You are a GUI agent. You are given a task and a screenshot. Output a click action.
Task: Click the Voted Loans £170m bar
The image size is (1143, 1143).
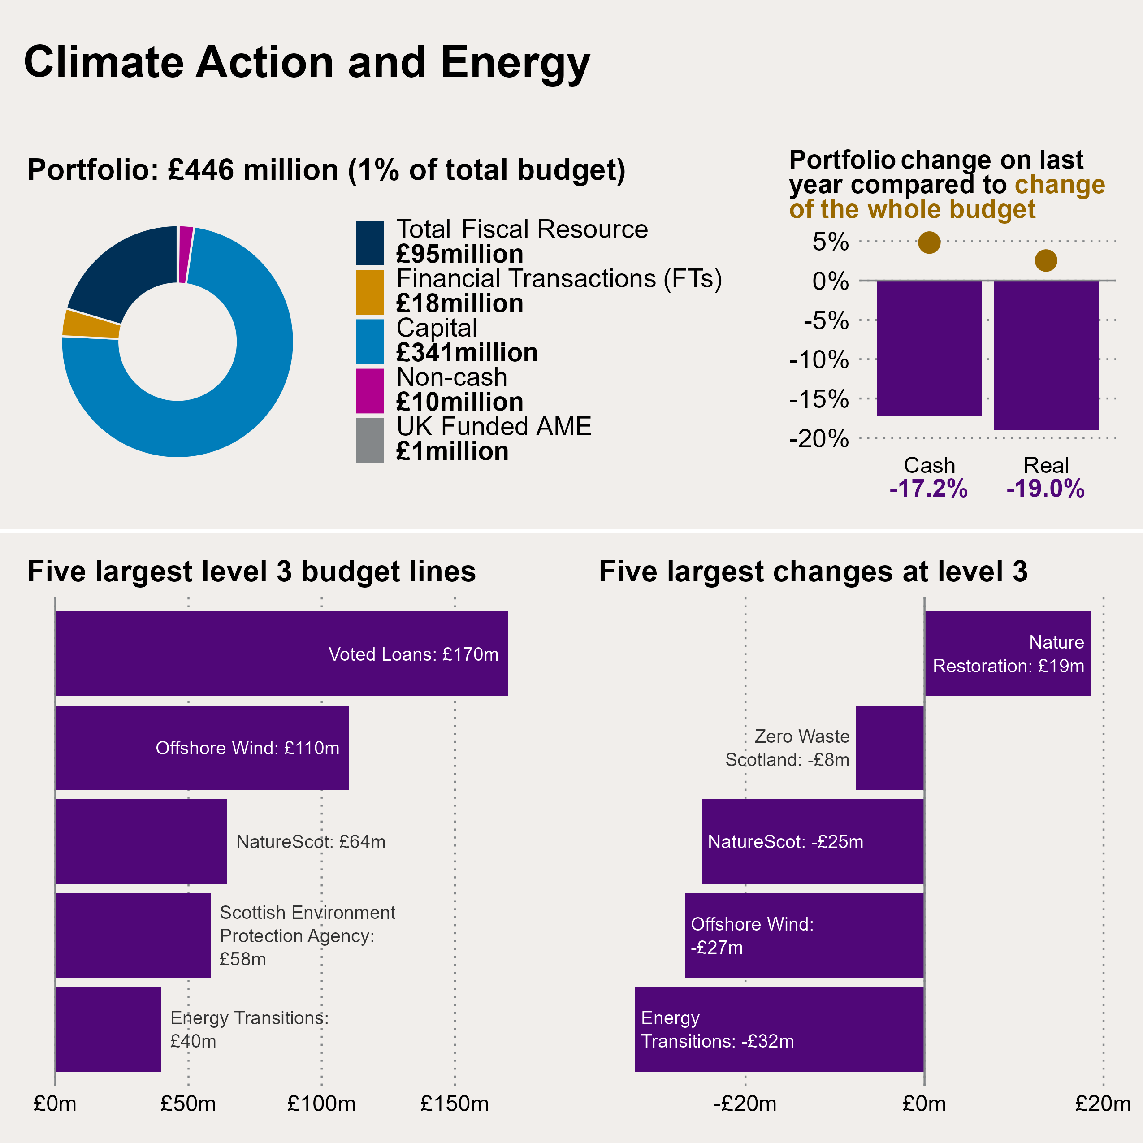click(281, 653)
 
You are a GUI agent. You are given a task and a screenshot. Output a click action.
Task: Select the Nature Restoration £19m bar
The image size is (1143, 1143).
click(1007, 653)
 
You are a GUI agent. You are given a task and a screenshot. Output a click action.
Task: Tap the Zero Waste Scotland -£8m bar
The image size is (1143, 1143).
click(890, 747)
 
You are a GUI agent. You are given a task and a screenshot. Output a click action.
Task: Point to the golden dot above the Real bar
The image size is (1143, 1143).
click(1045, 260)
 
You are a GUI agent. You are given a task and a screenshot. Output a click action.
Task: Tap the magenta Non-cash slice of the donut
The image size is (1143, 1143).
click(186, 255)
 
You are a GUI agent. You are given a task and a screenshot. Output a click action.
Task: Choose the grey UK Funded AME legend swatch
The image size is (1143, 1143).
click(370, 440)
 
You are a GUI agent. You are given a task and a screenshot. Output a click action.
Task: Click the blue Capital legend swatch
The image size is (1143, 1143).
click(370, 342)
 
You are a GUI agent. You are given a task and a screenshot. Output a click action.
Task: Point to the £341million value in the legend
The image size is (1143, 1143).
click(467, 353)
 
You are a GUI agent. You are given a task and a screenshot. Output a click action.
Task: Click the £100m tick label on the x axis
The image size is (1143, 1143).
click(321, 1104)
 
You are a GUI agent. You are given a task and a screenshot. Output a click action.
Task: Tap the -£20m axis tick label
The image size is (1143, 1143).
click(745, 1104)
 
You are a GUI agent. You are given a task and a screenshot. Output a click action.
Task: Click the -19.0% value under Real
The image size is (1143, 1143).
click(1045, 489)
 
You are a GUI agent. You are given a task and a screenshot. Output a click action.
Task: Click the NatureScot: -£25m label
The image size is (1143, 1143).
click(785, 841)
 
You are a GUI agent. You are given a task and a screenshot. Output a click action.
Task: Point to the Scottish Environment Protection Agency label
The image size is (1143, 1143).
click(307, 935)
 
